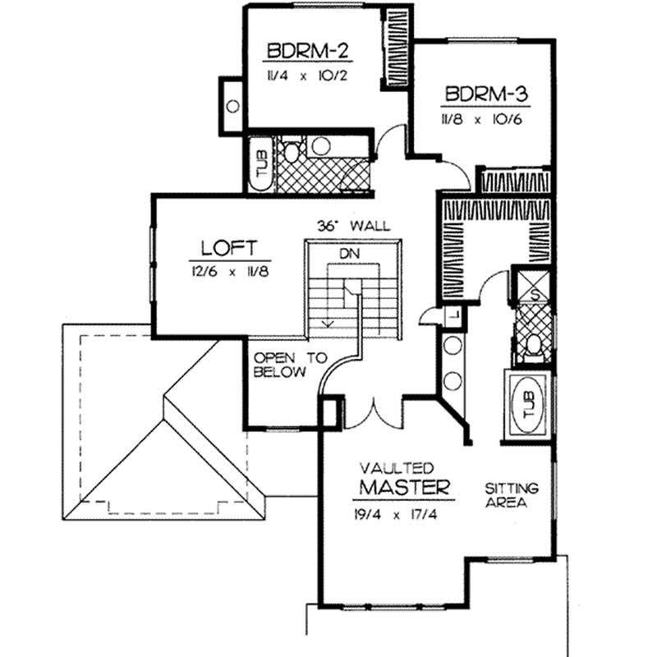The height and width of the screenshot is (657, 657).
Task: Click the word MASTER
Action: [x=407, y=488]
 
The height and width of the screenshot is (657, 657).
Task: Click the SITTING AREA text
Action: [x=510, y=495]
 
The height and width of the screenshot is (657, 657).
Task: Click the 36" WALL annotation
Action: [x=353, y=225]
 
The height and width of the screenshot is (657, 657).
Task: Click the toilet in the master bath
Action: [x=531, y=345]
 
